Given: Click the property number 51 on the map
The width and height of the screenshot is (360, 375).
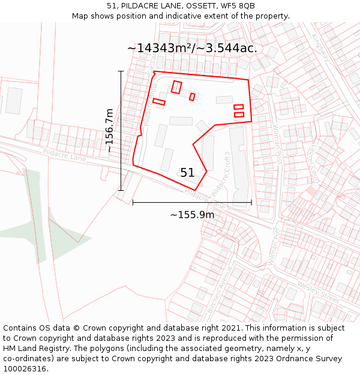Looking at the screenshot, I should pyautogui.click(x=187, y=173).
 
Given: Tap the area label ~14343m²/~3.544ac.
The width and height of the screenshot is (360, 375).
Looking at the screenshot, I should pyautogui.click(x=192, y=49).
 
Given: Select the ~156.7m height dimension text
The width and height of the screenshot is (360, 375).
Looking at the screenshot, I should pyautogui.click(x=110, y=130).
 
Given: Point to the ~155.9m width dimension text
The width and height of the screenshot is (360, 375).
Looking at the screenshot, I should pyautogui.click(x=192, y=215).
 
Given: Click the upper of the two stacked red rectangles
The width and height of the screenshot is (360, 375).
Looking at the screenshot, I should pyautogui.click(x=239, y=107).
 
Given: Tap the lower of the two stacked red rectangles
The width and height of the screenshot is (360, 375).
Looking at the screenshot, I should pyautogui.click(x=239, y=115).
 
